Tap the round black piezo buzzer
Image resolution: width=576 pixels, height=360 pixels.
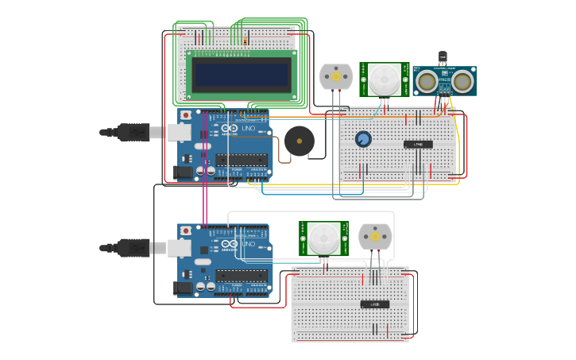300,141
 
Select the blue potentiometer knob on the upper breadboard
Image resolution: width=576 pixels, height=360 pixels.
363,139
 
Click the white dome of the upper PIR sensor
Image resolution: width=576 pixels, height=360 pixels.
385,79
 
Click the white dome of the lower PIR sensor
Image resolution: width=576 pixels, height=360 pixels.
323,237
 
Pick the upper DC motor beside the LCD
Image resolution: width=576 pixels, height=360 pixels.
335,77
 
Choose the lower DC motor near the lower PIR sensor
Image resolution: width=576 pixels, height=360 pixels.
375,237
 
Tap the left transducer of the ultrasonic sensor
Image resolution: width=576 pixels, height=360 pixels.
427,81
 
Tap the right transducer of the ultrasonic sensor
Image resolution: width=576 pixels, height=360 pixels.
462,81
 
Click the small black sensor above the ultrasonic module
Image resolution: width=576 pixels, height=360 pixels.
443,57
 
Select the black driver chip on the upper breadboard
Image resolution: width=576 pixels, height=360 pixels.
418,144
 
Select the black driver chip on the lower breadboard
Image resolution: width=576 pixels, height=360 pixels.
375,304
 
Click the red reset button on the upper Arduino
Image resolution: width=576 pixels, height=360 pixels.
186,115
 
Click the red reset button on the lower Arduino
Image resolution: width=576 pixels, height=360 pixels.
186,230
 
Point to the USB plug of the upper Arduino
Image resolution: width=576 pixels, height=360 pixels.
132,133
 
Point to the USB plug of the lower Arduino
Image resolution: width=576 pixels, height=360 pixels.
132,248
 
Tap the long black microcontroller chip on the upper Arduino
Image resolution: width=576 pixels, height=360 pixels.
242,160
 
